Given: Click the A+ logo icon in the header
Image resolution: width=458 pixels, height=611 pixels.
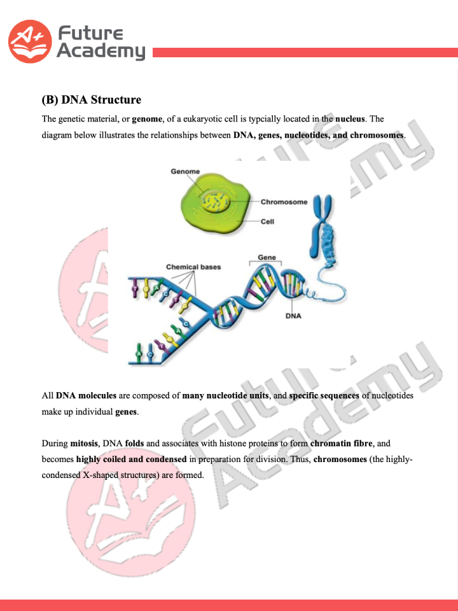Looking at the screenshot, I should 29,41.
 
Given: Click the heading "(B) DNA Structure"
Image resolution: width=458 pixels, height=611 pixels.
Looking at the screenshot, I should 91,100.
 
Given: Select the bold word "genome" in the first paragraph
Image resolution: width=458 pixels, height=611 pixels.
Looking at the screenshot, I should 147,119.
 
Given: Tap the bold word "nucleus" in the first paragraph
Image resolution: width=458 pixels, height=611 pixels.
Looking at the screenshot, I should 350,119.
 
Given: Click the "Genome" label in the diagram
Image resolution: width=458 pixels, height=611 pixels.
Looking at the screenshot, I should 185,172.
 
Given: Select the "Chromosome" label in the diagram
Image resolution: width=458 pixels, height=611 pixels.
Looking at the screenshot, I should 284,202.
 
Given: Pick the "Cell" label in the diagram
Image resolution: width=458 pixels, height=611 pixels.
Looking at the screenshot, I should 267,222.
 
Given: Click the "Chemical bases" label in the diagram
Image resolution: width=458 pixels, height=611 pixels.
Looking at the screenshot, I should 193,267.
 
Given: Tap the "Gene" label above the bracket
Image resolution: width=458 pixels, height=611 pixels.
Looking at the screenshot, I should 267,258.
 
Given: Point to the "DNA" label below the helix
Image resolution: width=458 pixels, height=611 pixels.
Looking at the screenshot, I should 293,316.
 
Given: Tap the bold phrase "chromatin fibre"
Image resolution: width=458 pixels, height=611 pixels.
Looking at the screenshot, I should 342,443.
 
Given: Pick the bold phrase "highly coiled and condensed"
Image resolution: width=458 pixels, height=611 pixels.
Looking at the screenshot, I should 132,459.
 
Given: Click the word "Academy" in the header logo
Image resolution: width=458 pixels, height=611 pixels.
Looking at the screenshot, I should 101,52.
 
